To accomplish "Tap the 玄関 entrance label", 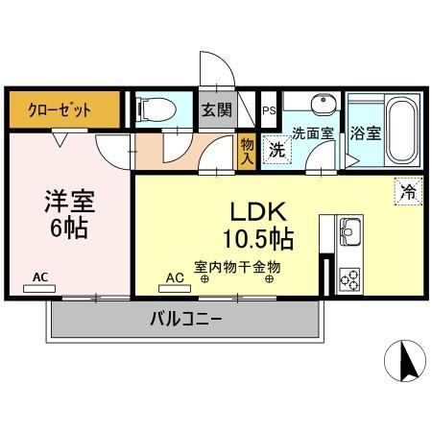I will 215,109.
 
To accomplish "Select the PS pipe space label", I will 268,109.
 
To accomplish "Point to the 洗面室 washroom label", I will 312,132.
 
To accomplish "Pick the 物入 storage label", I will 247,149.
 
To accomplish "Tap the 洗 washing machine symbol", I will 276,150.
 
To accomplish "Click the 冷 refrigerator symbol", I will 408,190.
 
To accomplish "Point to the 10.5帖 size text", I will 259,236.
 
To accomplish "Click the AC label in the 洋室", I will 40,278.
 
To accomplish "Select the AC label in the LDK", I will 175,278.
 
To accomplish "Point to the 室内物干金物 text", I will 237,267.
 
